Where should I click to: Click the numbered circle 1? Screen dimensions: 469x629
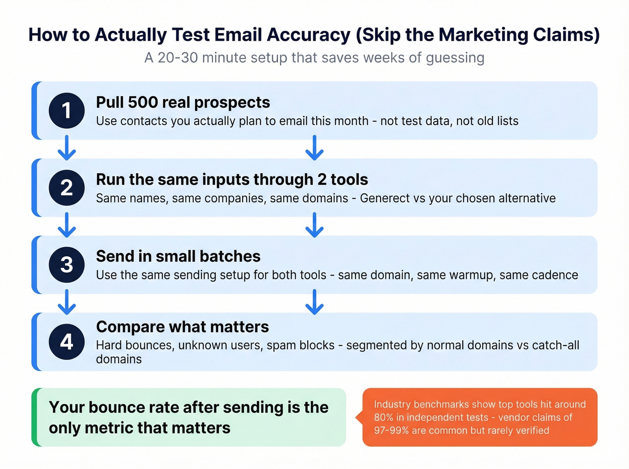(x=66, y=110)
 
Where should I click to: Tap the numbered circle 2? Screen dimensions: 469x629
(x=66, y=188)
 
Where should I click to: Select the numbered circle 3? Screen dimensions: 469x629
(x=66, y=265)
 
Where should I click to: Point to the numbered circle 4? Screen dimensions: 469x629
(x=66, y=342)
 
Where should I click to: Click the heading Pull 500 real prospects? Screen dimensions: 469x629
(x=183, y=102)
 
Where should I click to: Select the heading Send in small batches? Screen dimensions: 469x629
(x=178, y=256)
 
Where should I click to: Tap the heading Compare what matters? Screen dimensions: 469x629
(x=182, y=327)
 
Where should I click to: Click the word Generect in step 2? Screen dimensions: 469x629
(x=385, y=198)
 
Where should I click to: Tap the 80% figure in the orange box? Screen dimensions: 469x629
(x=383, y=417)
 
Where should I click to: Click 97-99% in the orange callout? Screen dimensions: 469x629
(x=391, y=430)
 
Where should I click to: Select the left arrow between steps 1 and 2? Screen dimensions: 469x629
(x=66, y=148)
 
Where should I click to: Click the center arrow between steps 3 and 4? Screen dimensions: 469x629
(x=314, y=302)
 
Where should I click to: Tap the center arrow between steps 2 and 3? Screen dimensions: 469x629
(x=314, y=224)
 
